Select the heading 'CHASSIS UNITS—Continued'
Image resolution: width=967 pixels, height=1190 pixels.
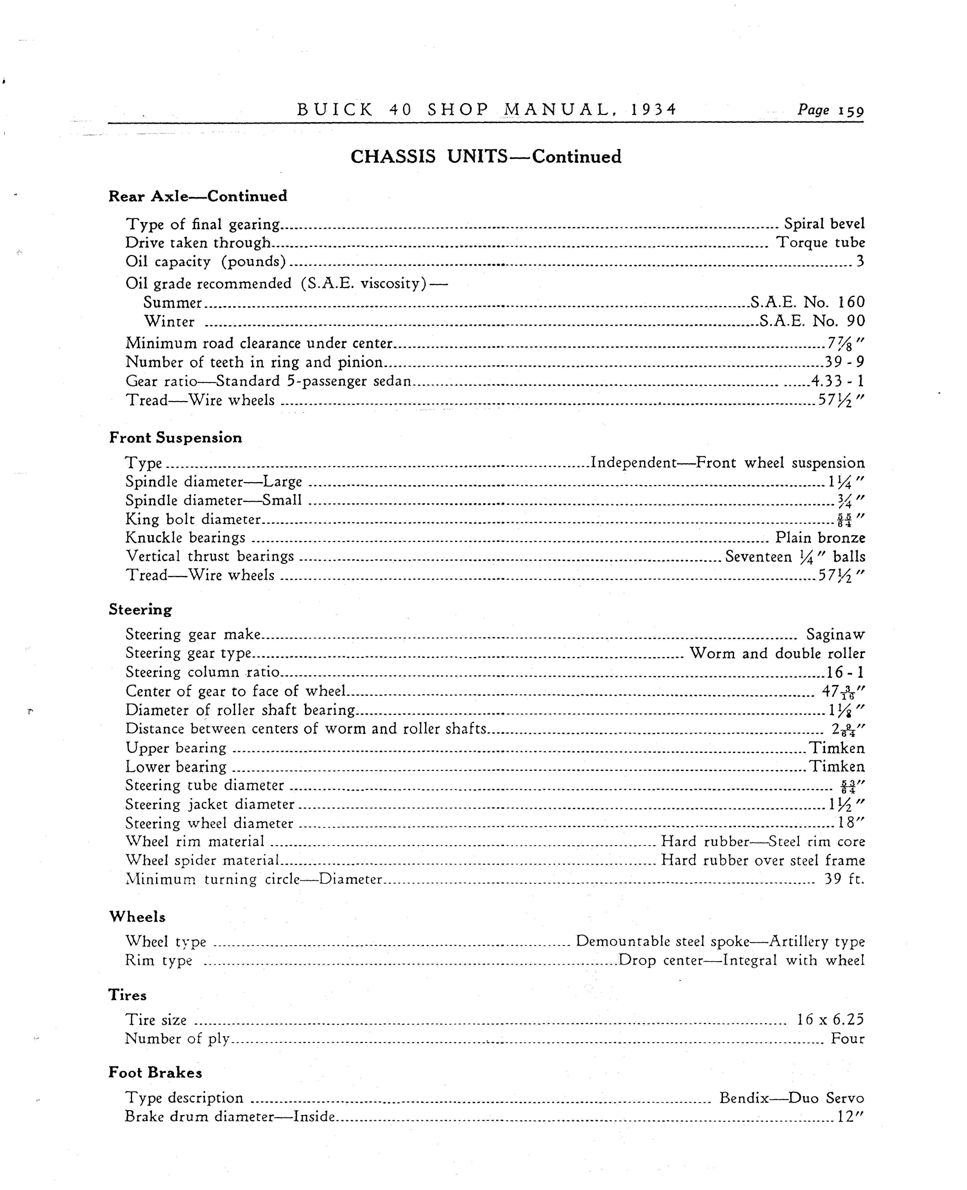point(486,156)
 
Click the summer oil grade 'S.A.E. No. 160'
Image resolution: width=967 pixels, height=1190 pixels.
point(807,302)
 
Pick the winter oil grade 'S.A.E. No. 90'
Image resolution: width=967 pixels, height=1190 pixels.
point(812,321)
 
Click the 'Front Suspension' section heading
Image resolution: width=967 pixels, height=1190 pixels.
point(175,438)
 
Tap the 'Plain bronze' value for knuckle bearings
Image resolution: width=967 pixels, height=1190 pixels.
point(820,538)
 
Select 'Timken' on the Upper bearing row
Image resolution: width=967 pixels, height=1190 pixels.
point(837,748)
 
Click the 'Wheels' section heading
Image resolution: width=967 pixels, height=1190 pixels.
point(137,917)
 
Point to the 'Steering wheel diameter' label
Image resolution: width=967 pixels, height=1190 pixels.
point(210,823)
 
